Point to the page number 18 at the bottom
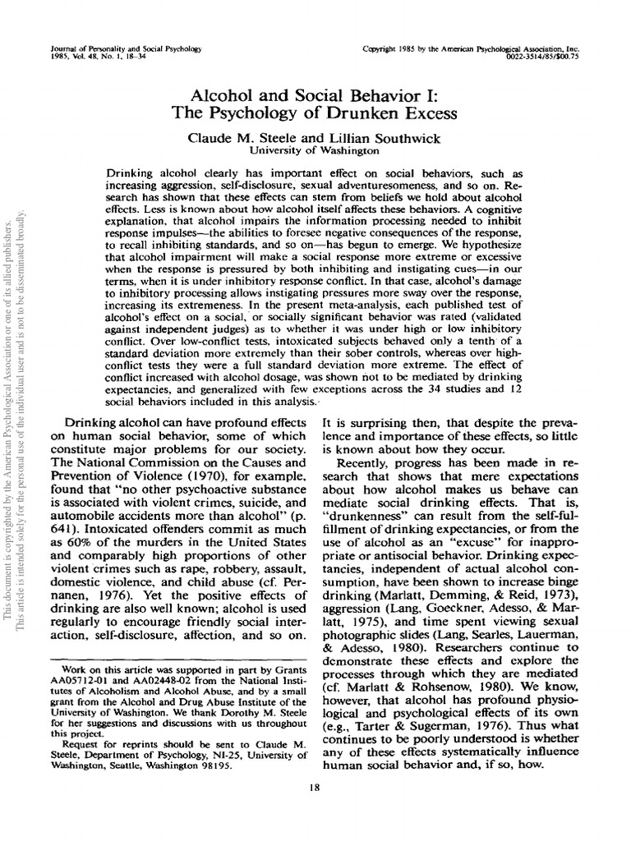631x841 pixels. (x=315, y=788)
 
